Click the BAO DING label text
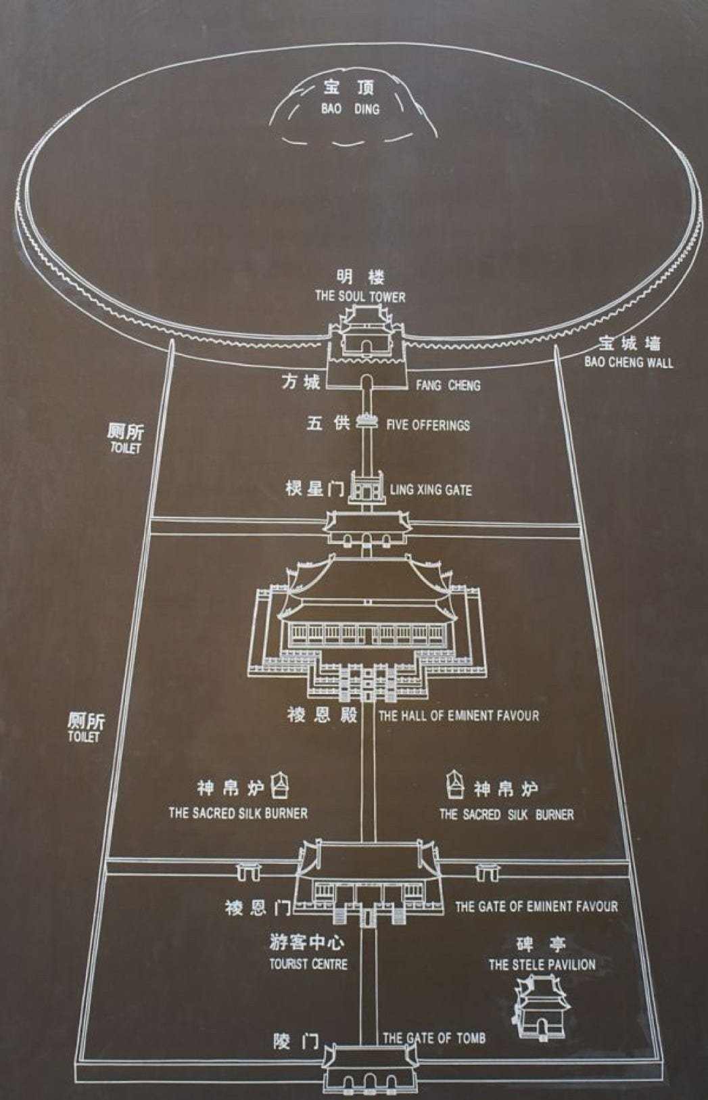(350, 108)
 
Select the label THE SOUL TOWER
(360, 296)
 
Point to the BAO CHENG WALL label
(629, 362)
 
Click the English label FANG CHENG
(448, 386)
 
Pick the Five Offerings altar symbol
(366, 421)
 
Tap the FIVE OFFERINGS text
(427, 426)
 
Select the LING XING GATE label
(431, 490)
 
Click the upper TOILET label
(126, 448)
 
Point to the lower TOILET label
(84, 737)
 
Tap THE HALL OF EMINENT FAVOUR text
(458, 716)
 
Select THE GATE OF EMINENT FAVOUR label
(536, 907)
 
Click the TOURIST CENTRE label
(308, 964)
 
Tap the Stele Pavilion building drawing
(541, 1008)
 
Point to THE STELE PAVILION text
(542, 965)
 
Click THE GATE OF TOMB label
(434, 1038)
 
